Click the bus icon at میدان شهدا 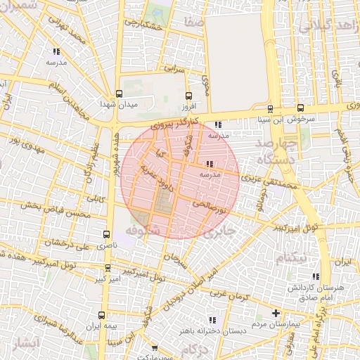(x=118, y=96)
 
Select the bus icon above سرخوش (x=301, y=108)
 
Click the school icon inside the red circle (x=211, y=164)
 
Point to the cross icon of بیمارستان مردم (x=276, y=313)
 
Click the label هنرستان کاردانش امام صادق (x=311, y=294)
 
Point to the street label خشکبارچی (x=143, y=27)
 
